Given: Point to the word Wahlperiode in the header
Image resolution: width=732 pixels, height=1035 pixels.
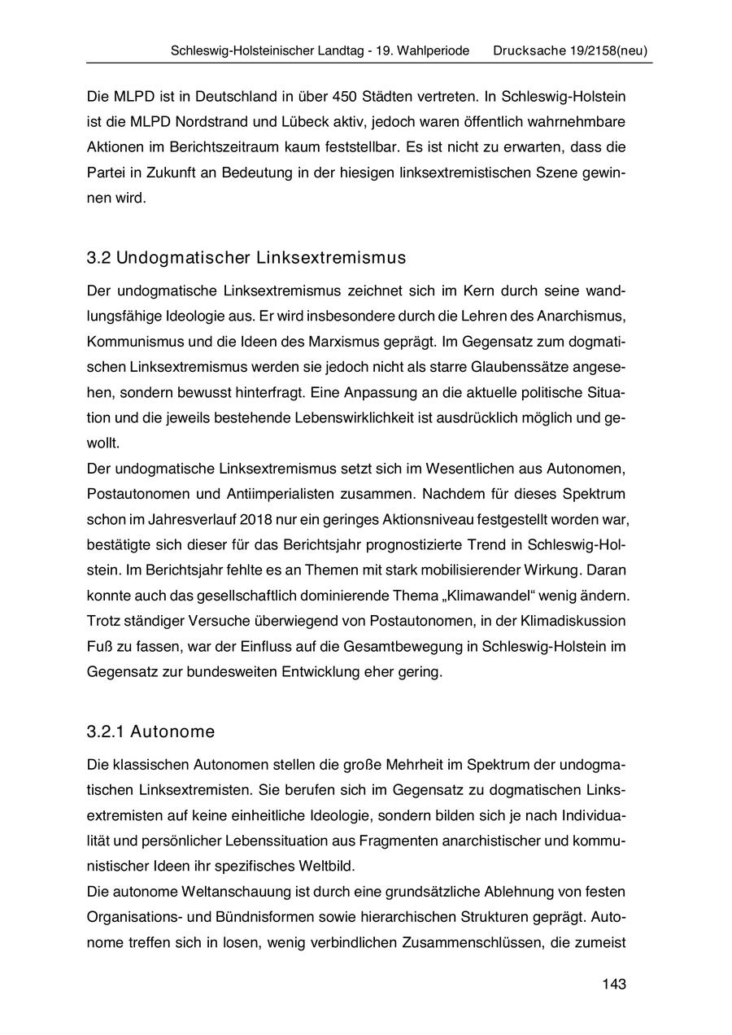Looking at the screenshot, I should coord(433,50).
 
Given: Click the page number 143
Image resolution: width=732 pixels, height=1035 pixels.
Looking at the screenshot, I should coord(614,985).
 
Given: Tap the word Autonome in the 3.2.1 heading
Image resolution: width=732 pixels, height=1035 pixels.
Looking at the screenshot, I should coord(176,732).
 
